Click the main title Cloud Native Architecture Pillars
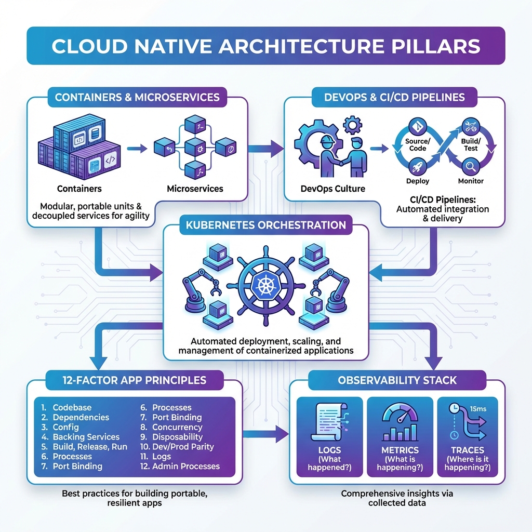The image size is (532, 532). point(265,46)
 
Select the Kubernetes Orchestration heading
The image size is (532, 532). point(265,225)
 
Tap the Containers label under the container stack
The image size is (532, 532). point(79,189)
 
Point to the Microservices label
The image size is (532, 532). point(195,189)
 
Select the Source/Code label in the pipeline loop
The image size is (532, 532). point(417,144)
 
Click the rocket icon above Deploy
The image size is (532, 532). point(418,167)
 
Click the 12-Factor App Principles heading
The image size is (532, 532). point(126,380)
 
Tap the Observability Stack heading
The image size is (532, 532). point(397,380)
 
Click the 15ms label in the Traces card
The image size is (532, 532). point(477,409)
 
